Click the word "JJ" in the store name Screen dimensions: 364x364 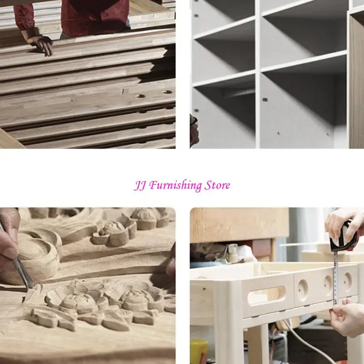(140, 186)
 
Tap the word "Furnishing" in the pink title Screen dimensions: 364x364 (175, 186)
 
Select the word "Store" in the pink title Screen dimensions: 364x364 (217, 185)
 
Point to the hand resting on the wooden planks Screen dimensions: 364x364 (42, 45)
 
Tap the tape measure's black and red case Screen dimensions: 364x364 (344, 237)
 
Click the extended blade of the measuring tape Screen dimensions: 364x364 (335, 278)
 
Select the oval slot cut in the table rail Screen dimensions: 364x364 (266, 295)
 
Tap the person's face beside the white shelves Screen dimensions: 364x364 (194, 130)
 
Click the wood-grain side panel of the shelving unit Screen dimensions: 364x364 (356, 81)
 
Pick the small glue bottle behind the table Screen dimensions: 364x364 (233, 253)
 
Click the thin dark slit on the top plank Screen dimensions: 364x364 (123, 91)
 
